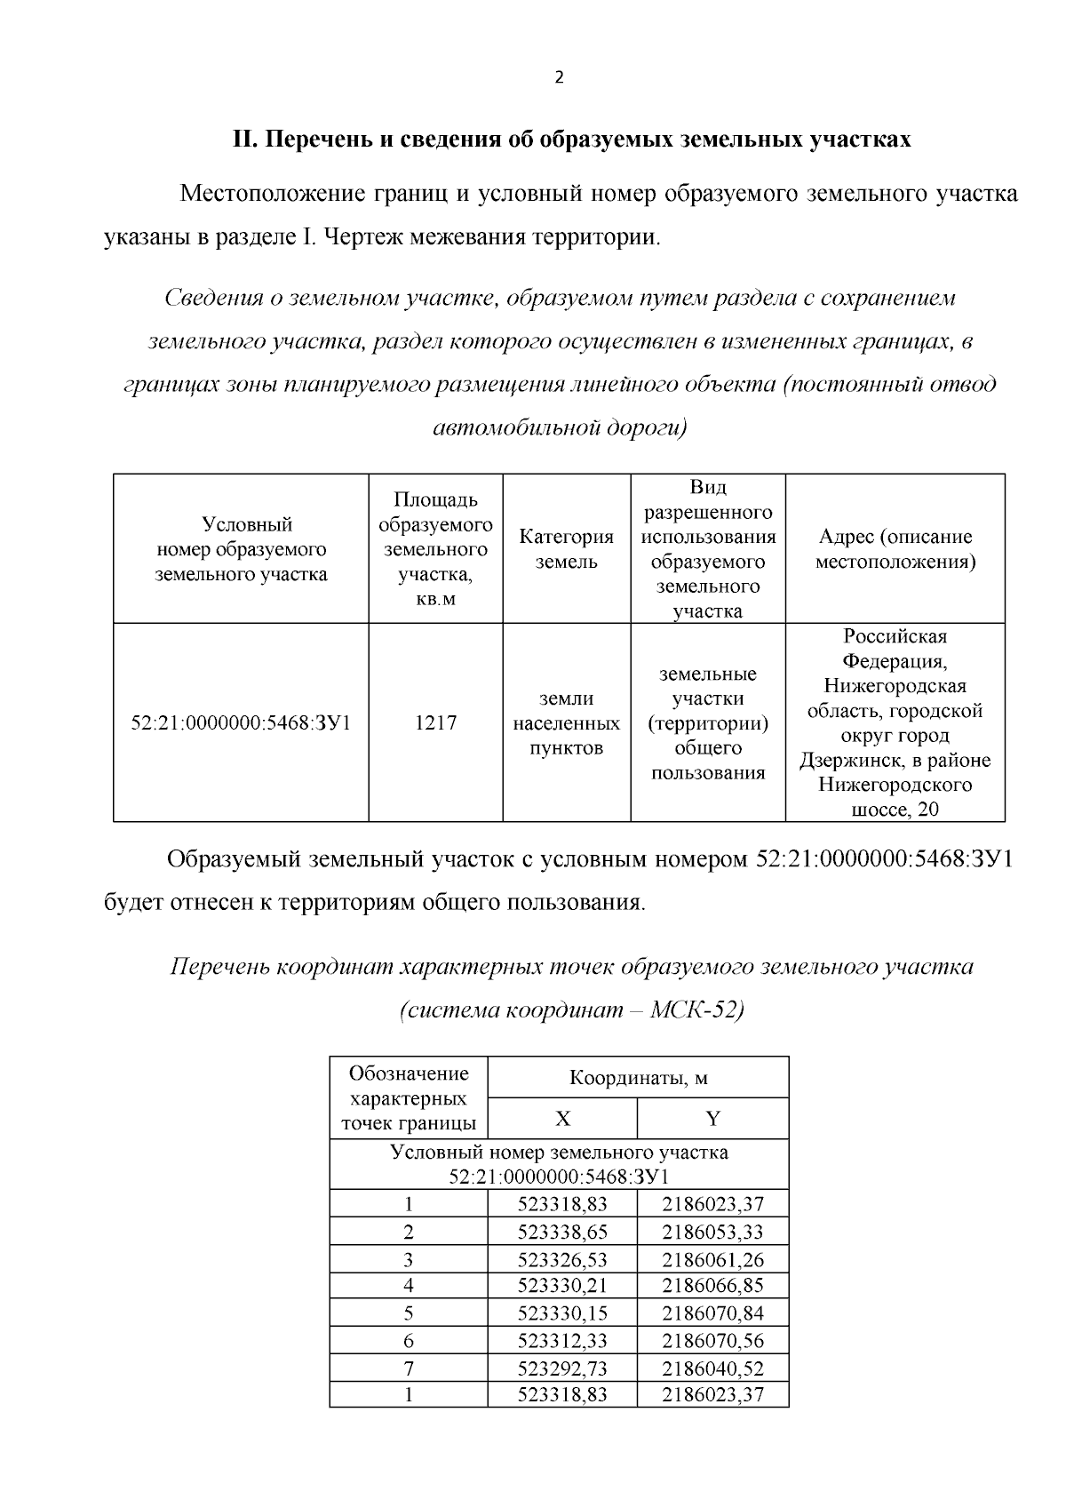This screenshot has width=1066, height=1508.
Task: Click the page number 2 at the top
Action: (x=559, y=77)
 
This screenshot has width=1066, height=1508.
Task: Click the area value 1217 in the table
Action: (x=436, y=722)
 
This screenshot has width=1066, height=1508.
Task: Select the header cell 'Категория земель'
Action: (x=567, y=549)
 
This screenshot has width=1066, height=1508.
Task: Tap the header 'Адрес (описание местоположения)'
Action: (x=895, y=549)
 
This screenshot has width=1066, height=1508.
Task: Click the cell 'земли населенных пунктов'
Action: (x=567, y=722)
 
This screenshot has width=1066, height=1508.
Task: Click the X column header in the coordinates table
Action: (x=562, y=1118)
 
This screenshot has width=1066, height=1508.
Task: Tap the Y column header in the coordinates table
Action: (x=712, y=1118)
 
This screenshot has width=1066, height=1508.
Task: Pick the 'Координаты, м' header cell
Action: (x=638, y=1078)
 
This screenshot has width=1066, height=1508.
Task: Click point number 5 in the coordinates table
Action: (x=409, y=1313)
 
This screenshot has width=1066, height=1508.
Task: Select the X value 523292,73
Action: (x=562, y=1368)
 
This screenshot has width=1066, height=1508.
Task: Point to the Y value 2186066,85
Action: (x=712, y=1285)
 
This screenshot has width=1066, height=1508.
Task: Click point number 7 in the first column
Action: (x=409, y=1368)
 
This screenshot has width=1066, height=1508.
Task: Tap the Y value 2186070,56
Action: (x=712, y=1341)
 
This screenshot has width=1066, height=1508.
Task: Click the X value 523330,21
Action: (x=562, y=1285)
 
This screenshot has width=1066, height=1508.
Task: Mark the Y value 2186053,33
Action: (x=712, y=1232)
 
